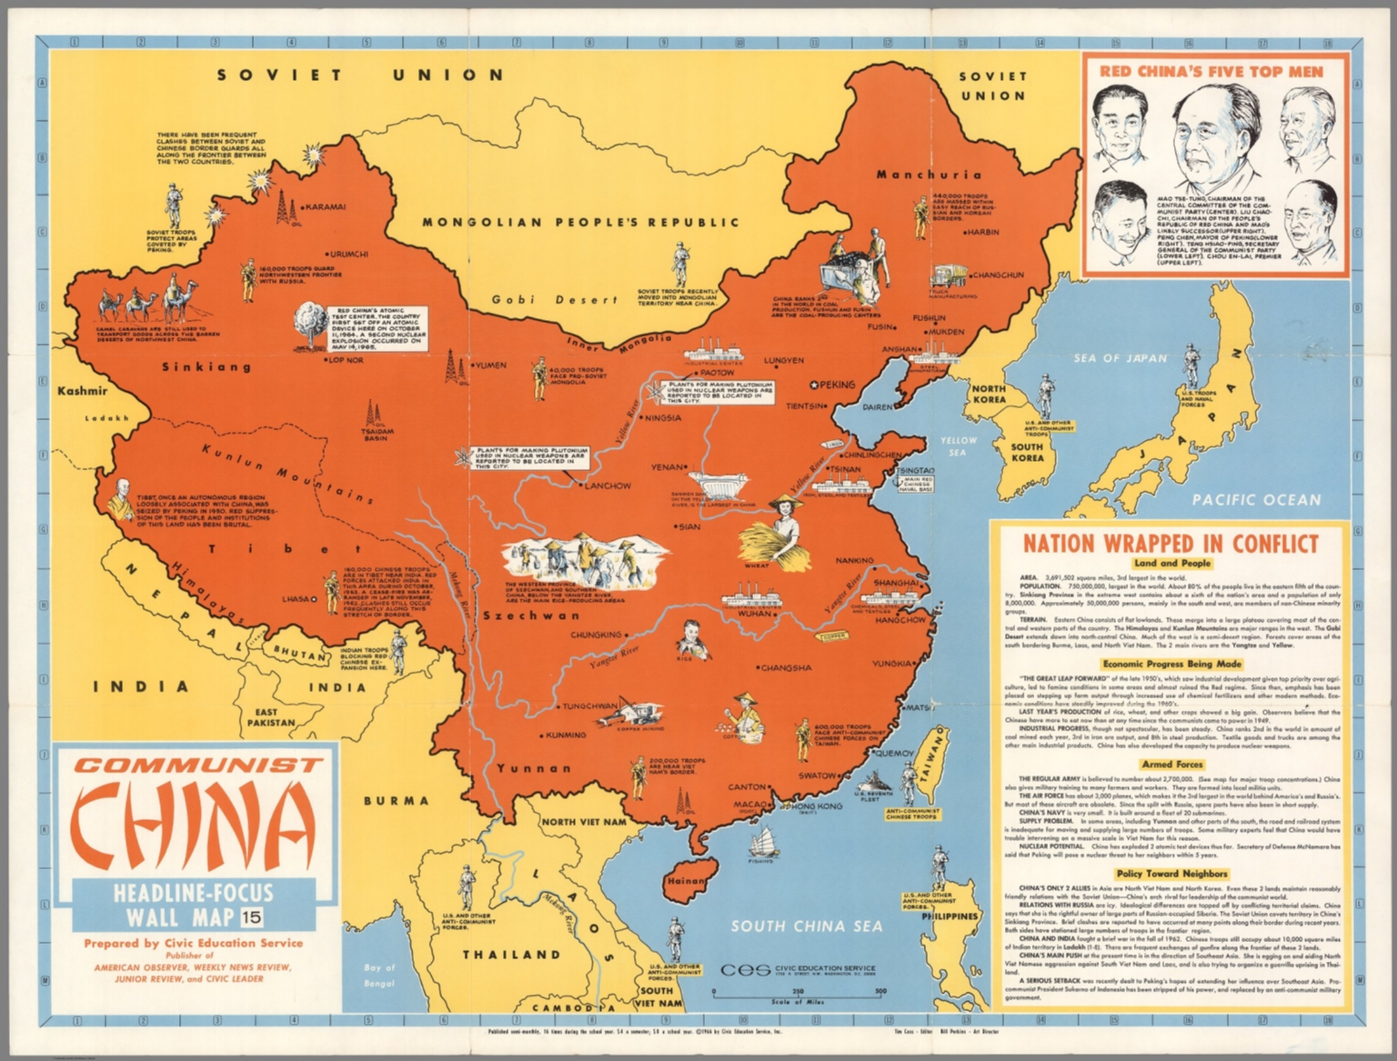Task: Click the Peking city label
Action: click(837, 385)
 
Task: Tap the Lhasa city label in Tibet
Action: click(296, 599)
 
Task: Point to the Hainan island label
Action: click(686, 881)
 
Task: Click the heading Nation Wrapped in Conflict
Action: click(1171, 544)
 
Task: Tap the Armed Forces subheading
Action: click(1171, 765)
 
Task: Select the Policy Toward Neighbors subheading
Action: click(1171, 874)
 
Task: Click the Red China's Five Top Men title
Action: click(1211, 71)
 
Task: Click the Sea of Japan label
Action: click(1120, 358)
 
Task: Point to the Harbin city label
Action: click(982, 232)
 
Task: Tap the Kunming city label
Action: click(565, 735)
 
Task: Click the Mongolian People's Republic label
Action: click(580, 222)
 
